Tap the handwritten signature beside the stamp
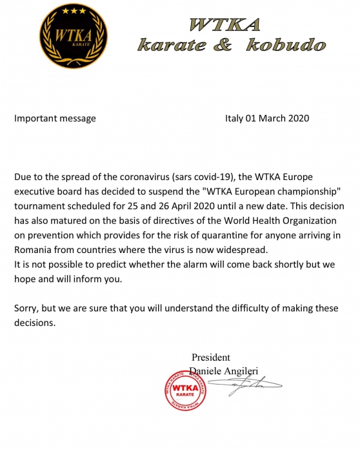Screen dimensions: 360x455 point(248,387)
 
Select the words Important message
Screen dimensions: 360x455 point(55,118)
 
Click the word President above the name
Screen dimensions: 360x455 point(210,358)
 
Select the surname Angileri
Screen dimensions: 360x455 point(248,370)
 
